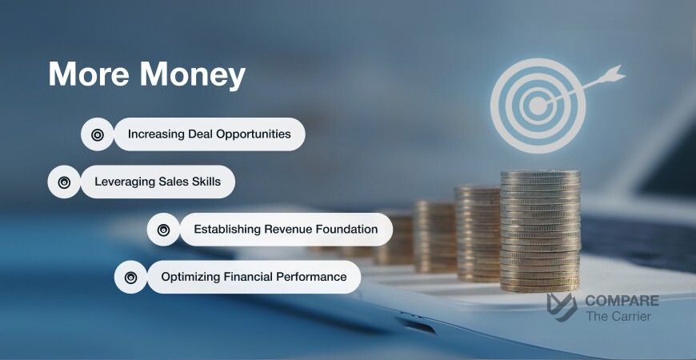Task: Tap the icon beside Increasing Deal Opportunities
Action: click(x=98, y=134)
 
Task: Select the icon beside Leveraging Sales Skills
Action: click(x=65, y=182)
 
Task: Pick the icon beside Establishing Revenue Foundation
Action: click(x=163, y=230)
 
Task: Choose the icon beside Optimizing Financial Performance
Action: click(x=130, y=277)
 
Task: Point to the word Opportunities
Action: click(x=250, y=134)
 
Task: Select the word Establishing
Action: click(x=227, y=230)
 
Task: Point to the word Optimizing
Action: click(x=191, y=277)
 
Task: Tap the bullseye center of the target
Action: click(x=538, y=105)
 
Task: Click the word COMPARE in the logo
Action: click(x=622, y=301)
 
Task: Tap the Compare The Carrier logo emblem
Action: click(x=562, y=307)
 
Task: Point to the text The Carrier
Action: click(x=618, y=316)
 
